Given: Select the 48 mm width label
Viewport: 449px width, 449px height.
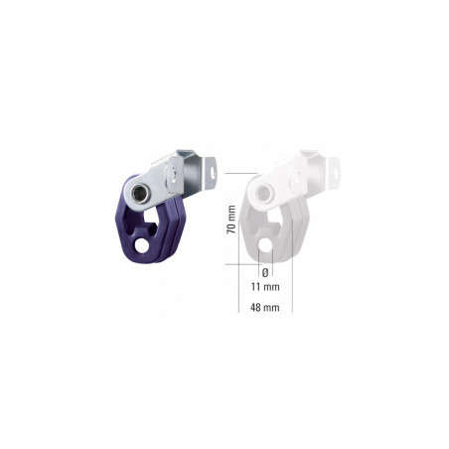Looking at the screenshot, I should pos(264,308).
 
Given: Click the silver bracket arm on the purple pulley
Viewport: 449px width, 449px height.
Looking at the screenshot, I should pos(179,174).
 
